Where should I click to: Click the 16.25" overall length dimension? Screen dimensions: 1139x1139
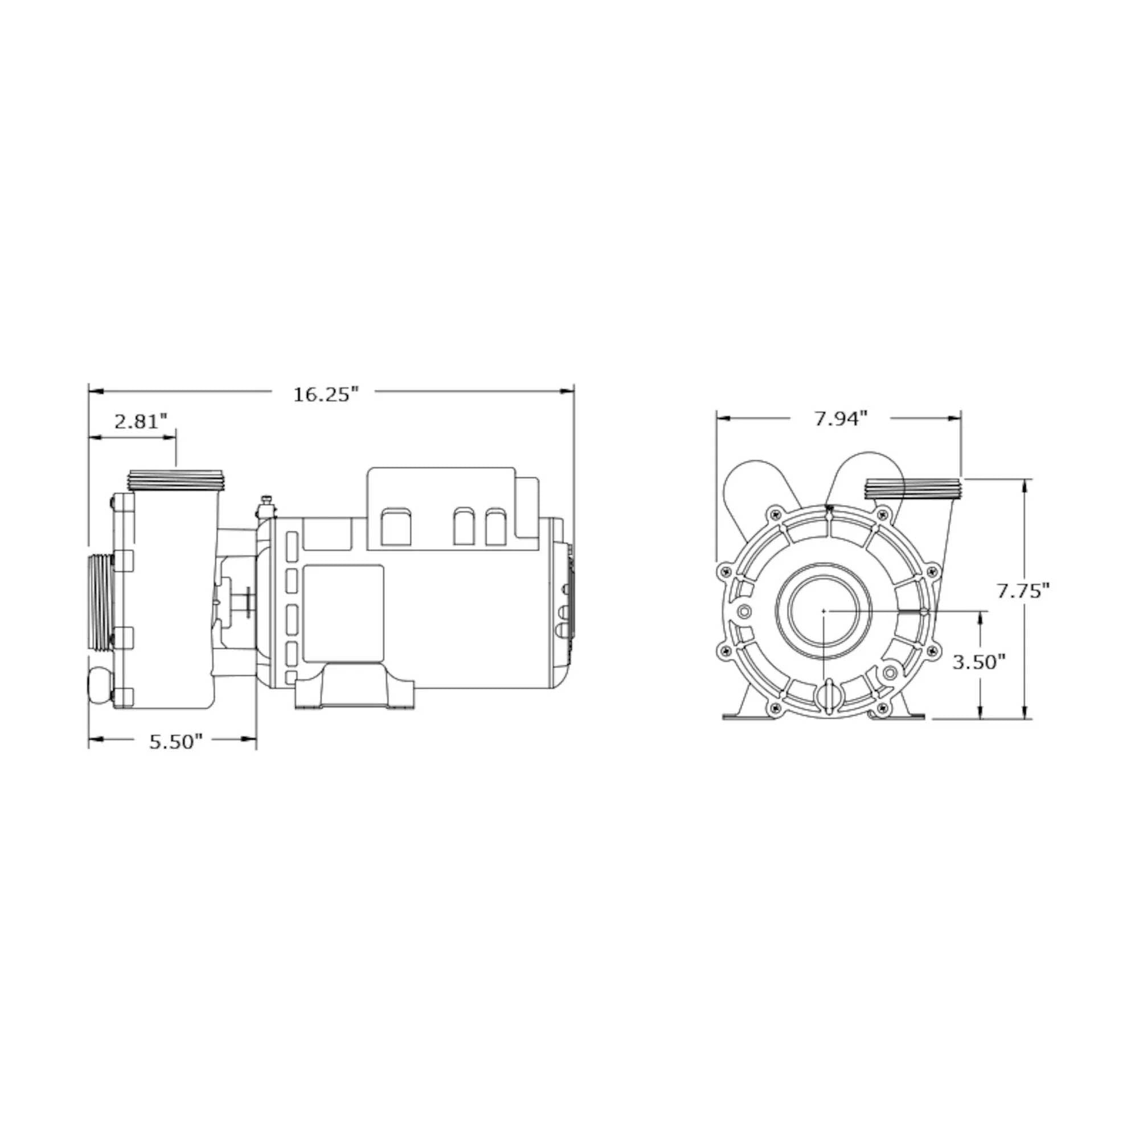tap(326, 395)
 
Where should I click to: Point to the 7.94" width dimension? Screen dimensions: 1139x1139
tap(841, 419)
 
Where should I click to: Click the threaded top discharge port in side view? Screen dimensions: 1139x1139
tap(175, 481)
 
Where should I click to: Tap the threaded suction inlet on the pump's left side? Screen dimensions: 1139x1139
tap(100, 602)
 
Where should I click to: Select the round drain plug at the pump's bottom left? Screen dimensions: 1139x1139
tap(99, 685)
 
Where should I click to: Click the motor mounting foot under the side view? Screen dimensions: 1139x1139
tap(355, 686)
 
